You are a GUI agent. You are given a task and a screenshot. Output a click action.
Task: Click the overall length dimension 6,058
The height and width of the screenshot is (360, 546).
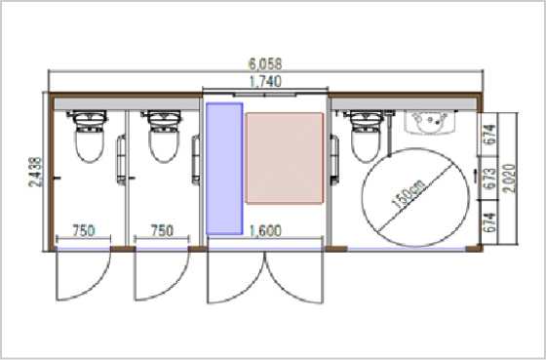coord(265,64)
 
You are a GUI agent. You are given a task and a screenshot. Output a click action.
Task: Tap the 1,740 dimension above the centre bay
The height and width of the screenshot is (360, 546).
coord(265,82)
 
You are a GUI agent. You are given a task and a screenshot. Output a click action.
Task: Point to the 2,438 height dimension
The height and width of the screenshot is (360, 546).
coord(35,172)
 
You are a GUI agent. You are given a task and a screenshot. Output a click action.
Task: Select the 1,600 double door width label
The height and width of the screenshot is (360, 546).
coord(265,230)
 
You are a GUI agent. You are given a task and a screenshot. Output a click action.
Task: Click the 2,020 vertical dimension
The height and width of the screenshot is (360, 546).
coord(509,179)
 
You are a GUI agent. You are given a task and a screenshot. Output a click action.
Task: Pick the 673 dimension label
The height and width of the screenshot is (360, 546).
coord(489,179)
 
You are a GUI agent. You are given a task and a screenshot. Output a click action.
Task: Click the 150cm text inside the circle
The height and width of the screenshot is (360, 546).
coord(409,194)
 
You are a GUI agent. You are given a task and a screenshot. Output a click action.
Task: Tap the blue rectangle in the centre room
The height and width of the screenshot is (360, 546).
coord(224,169)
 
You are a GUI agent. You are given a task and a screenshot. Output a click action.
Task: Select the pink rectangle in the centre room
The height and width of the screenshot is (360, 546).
coord(285,158)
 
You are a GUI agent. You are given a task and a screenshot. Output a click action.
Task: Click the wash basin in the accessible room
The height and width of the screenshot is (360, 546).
coord(430,122)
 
